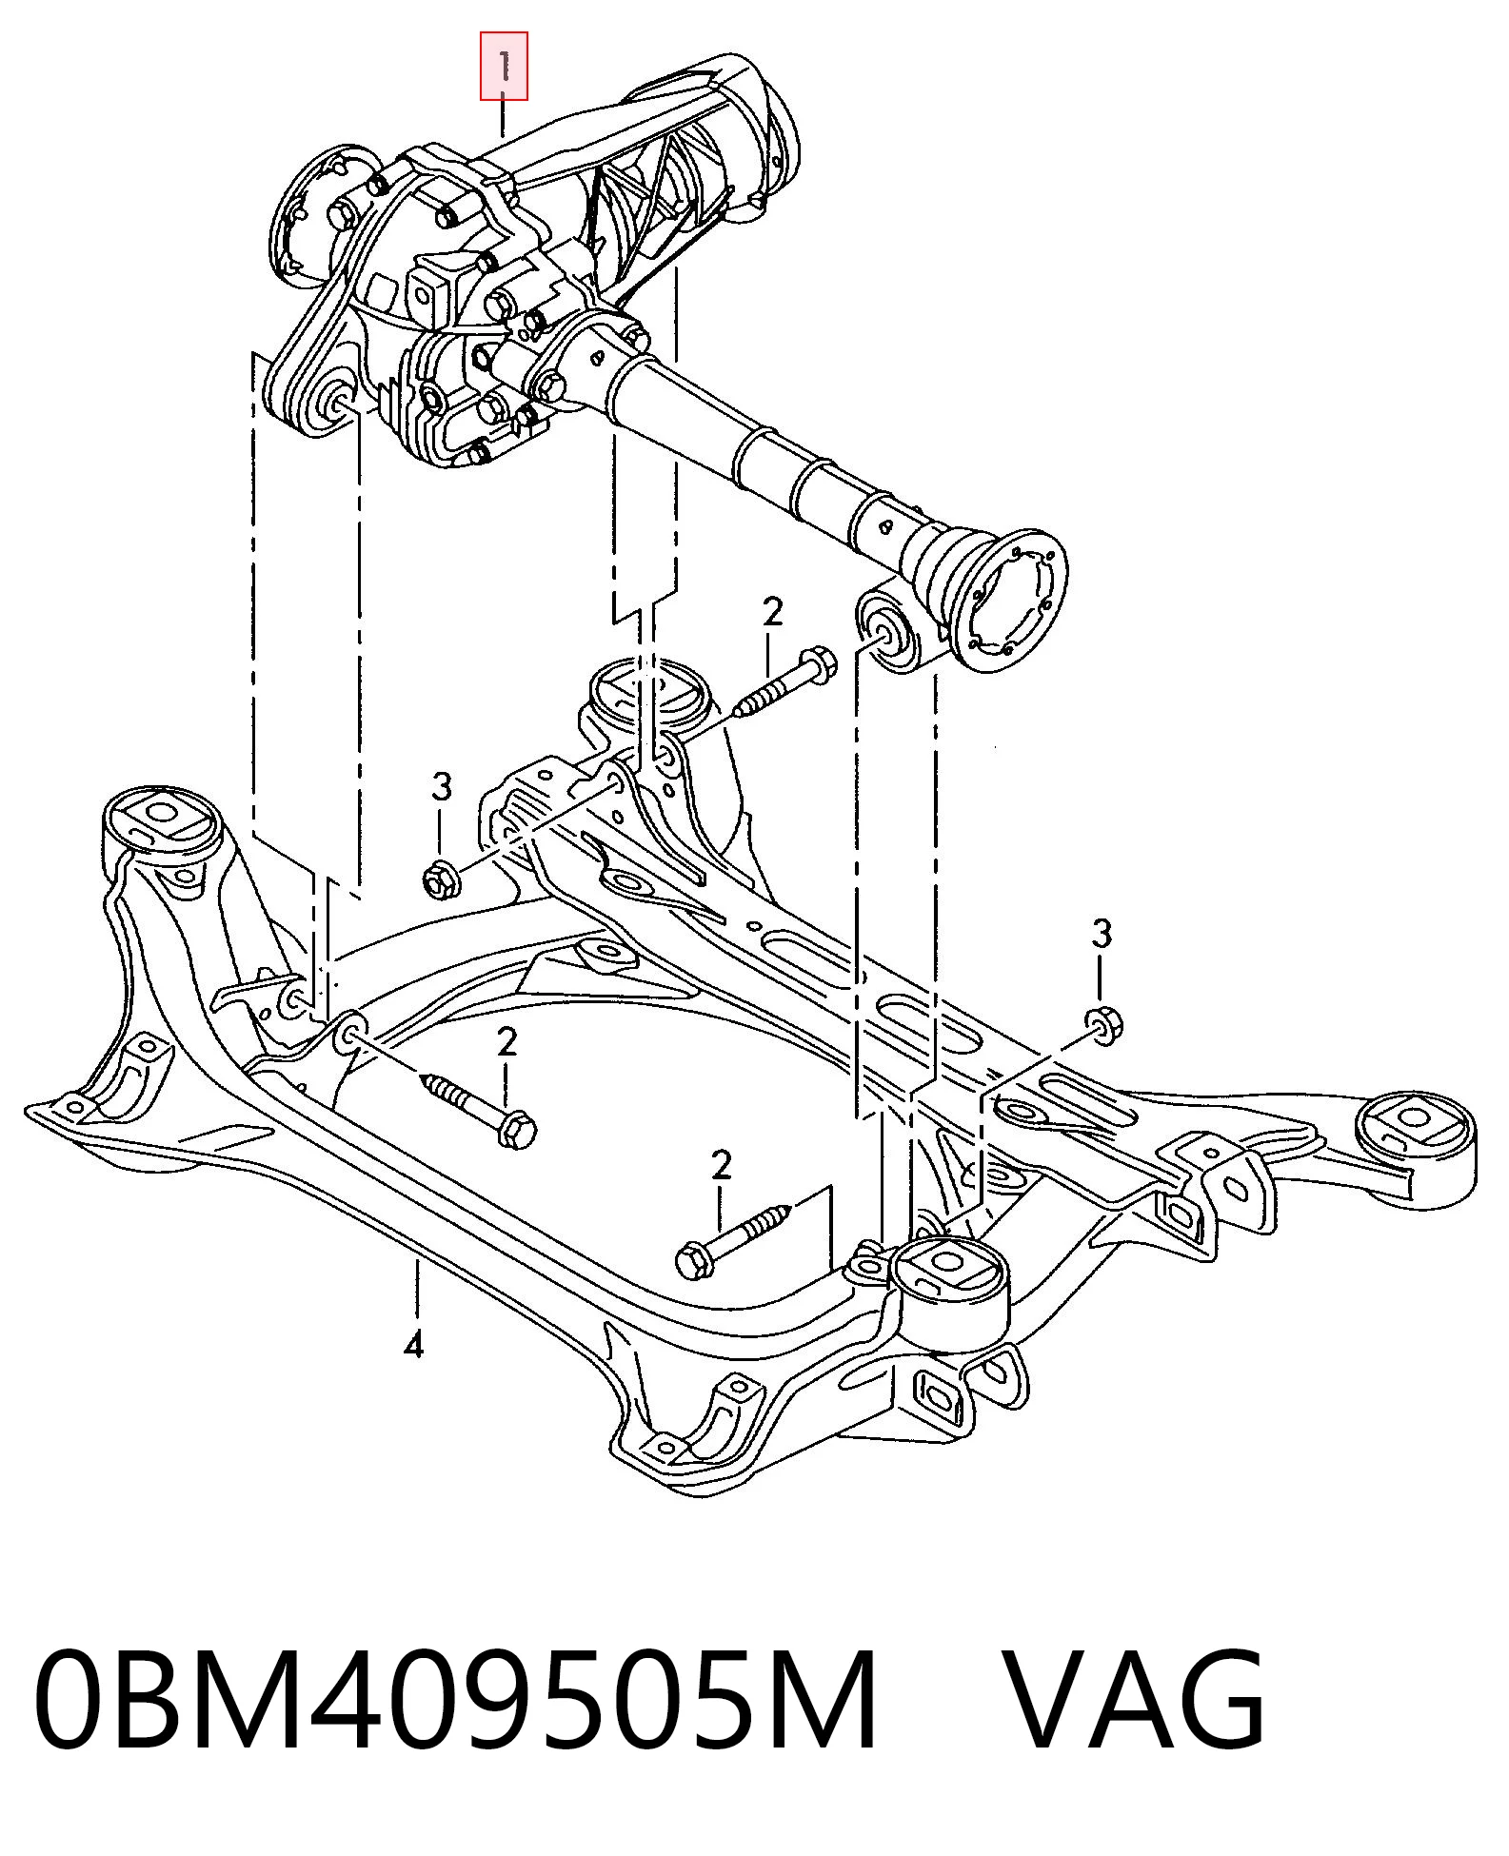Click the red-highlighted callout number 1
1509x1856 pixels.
coord(504,67)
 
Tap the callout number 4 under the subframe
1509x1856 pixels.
coord(413,1346)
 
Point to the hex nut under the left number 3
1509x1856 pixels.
coord(442,877)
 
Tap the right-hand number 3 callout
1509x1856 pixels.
coord(1102,934)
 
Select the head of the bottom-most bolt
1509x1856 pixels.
coord(691,1262)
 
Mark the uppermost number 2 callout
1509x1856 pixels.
coord(772,612)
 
